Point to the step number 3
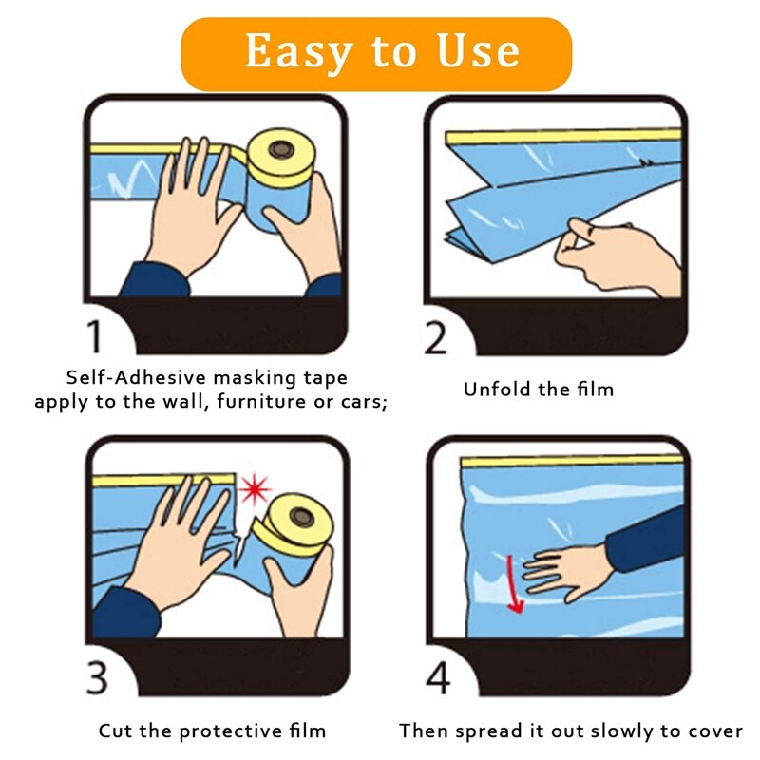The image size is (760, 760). [x=97, y=678]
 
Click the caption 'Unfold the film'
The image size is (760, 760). [x=539, y=389]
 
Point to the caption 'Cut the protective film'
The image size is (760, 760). [x=212, y=731]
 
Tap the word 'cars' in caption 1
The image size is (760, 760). [x=361, y=402]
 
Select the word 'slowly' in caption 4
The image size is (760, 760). [x=622, y=731]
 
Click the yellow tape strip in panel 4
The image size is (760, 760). [x=570, y=461]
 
